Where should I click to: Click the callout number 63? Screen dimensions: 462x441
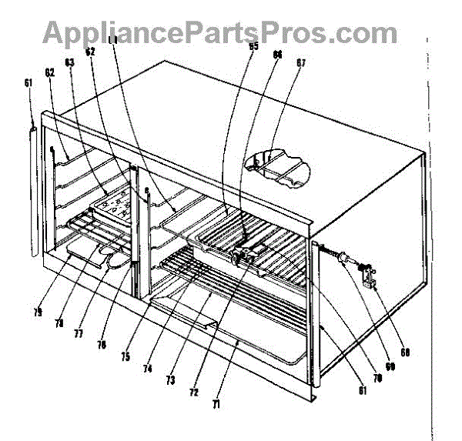(x=69, y=62)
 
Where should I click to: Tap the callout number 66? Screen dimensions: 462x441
(x=276, y=55)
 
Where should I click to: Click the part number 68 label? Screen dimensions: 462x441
(x=403, y=353)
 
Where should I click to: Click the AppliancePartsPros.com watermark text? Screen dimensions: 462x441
(x=219, y=33)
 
